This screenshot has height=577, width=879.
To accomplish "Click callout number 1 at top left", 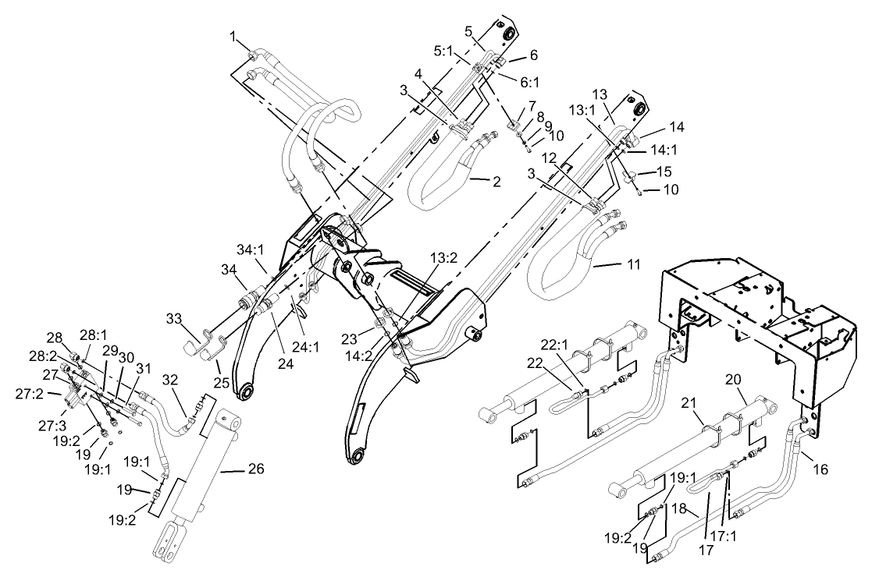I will [233, 36].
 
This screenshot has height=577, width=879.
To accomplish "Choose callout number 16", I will [822, 470].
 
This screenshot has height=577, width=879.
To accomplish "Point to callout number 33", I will [173, 318].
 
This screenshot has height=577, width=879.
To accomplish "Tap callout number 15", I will [663, 170].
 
